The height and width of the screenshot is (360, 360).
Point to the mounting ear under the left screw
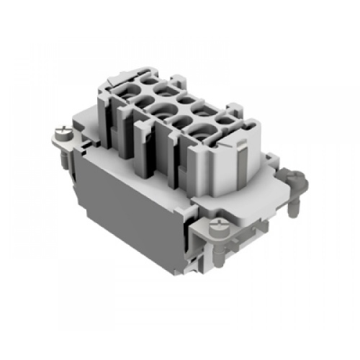66,148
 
